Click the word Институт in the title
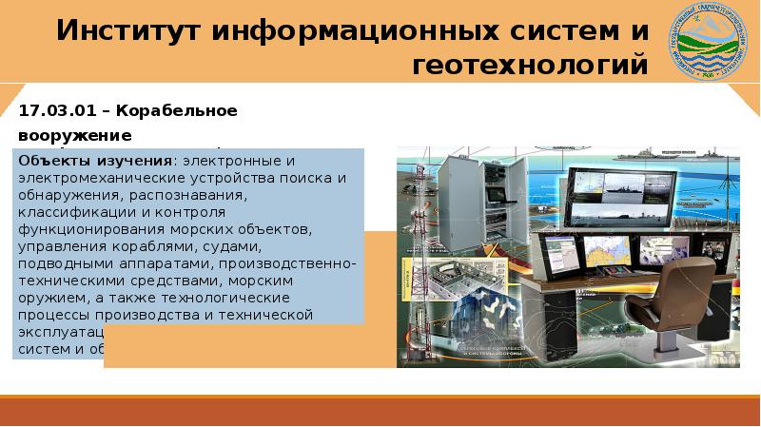pos(127,29)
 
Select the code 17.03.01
pos(54,111)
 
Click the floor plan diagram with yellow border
pos(451,285)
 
